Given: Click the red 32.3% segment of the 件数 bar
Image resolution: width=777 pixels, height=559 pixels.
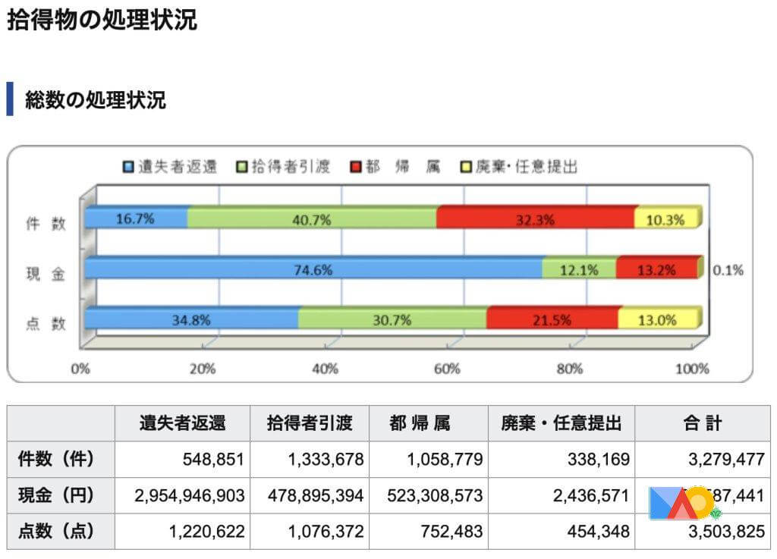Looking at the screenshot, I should coord(536,218).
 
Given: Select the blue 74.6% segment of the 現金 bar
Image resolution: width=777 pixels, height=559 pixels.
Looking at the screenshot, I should coord(313,269).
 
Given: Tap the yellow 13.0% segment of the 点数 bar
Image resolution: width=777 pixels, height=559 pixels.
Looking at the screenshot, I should coord(656,319).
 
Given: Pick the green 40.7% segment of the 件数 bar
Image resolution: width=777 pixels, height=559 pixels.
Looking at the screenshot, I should coord(312,218).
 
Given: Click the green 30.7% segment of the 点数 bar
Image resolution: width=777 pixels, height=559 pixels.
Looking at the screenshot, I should coord(392,319).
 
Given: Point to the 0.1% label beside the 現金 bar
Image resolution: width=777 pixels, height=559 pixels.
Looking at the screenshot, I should coord(728,269).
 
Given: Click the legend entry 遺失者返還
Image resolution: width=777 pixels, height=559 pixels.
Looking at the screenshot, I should coord(170,166).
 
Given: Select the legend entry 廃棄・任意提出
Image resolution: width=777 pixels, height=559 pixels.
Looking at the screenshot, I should coord(520,166).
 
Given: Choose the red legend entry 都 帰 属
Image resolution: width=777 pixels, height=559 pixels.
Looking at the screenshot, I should coord(395,166).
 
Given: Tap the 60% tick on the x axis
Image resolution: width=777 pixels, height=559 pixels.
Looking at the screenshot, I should coord(447,369).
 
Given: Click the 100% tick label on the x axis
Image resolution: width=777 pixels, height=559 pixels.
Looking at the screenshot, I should coord(691,369).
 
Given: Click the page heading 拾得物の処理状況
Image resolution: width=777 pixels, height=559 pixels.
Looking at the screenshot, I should coord(102,20).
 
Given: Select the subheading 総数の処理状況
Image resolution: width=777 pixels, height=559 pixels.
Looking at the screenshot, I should coord(95,99).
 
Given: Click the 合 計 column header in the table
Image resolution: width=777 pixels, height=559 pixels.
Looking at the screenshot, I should coord(701,423).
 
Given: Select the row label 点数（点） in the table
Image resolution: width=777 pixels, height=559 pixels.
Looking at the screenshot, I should coord(56,532).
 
